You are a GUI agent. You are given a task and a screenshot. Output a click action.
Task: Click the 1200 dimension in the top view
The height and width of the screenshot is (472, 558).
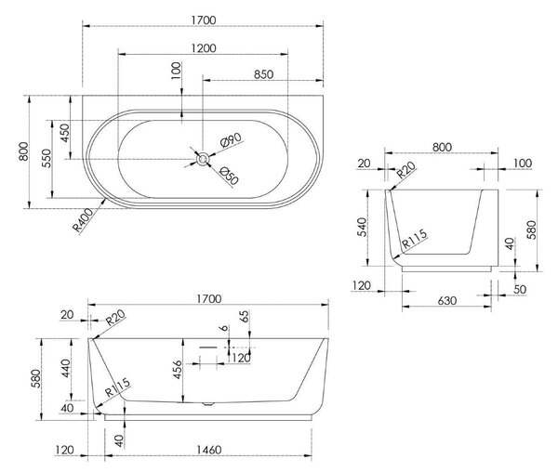click(x=204, y=48)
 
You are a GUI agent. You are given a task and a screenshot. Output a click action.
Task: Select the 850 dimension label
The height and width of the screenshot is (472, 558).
click(x=264, y=74)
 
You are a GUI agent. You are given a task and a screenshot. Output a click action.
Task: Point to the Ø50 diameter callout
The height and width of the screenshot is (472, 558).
click(x=229, y=176)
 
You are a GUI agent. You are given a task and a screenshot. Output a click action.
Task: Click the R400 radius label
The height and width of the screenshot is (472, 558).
click(x=83, y=220)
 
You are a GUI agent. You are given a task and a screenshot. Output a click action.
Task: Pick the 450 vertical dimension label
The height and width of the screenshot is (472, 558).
click(x=65, y=133)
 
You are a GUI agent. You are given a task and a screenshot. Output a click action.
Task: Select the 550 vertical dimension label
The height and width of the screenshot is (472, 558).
click(x=46, y=158)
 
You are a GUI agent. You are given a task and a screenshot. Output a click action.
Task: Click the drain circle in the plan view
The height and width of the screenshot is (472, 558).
click(x=203, y=159)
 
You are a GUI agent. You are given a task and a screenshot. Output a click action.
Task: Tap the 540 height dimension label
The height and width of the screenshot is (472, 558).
click(x=361, y=228)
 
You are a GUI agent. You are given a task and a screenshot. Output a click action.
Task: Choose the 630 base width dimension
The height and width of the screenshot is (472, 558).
click(x=446, y=301)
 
